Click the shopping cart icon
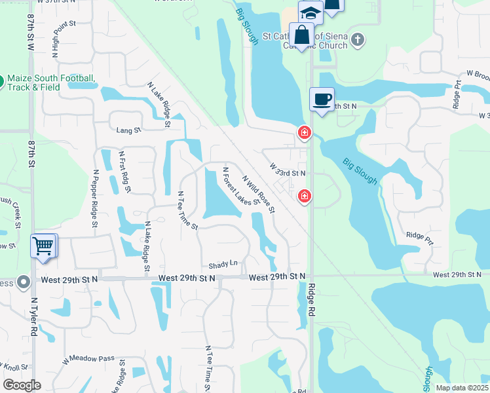click(43, 247)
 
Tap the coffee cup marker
click(321, 100)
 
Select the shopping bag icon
click(302, 35)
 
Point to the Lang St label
click(128, 130)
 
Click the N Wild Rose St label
click(257, 193)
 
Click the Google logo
click(22, 385)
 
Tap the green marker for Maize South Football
click(1, 82)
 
